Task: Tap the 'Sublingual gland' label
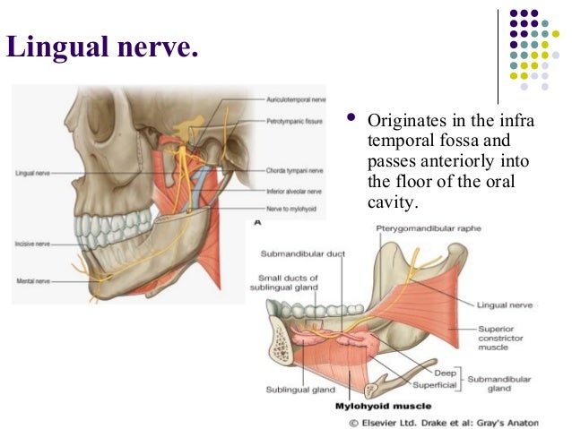(300, 390)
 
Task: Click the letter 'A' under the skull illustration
(258, 220)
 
